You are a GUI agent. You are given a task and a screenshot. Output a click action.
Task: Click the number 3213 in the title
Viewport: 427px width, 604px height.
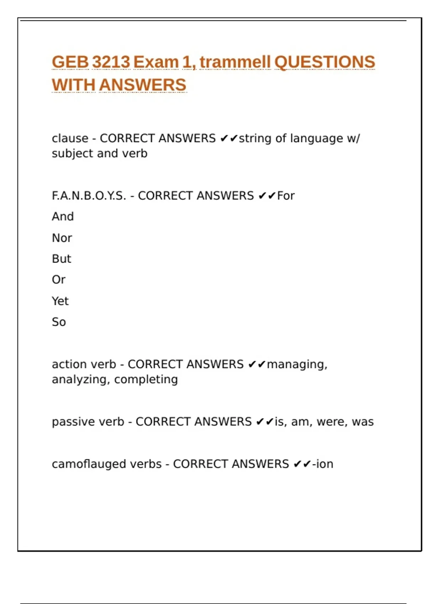[x=111, y=62]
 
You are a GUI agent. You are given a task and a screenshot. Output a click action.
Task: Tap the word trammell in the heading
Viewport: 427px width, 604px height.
[x=235, y=62]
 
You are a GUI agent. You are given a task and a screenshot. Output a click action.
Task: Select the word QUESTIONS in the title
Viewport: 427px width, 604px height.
[x=325, y=62]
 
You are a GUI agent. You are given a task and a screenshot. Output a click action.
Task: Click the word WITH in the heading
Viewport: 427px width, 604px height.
[x=73, y=85]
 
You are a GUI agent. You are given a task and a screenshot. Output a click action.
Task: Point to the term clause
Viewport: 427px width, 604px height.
[x=70, y=138]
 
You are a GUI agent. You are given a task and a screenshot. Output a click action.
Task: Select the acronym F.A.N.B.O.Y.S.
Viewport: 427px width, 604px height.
[x=89, y=196]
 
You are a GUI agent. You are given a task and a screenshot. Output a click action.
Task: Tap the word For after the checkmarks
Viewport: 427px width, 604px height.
[x=286, y=196]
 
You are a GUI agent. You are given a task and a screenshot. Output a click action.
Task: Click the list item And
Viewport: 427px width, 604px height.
[x=63, y=216]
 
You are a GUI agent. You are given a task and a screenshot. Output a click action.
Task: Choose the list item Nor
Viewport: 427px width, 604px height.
[x=62, y=238]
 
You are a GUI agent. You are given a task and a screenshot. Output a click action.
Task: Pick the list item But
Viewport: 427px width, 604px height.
[x=62, y=259]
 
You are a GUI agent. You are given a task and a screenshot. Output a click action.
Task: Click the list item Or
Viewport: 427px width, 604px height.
[x=59, y=280]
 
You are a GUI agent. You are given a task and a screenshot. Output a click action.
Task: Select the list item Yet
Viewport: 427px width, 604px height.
[x=60, y=301]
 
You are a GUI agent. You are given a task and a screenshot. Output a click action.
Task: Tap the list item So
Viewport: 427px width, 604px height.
[x=59, y=322]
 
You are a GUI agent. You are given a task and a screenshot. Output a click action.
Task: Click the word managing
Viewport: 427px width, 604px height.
[x=297, y=365]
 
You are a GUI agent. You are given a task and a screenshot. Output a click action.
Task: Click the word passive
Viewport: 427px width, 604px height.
[x=70, y=422]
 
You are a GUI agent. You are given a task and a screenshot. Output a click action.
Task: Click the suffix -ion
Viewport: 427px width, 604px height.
[x=322, y=464]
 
